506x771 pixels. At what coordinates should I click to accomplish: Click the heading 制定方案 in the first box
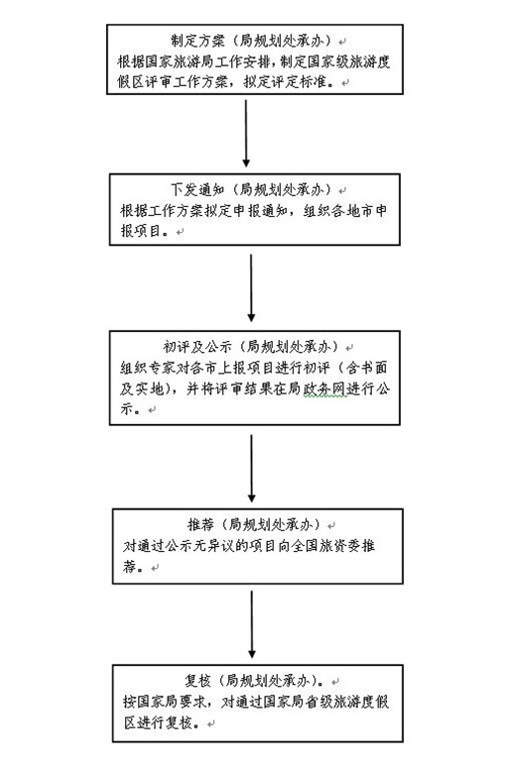[197, 41]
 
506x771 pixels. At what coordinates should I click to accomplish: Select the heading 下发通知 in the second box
[197, 190]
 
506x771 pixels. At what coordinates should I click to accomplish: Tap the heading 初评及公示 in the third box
[197, 347]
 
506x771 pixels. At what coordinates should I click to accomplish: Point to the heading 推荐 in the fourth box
[200, 524]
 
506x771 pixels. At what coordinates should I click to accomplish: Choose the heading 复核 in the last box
[197, 681]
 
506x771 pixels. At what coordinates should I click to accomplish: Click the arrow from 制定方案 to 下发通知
[246, 133]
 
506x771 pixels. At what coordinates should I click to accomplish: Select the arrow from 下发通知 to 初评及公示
[251, 288]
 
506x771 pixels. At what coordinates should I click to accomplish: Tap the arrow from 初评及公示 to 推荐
[252, 468]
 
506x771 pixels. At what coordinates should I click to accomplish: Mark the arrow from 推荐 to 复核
[252, 624]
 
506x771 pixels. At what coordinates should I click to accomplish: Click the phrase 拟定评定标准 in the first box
[286, 81]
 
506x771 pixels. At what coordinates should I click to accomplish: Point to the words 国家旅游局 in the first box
[186, 61]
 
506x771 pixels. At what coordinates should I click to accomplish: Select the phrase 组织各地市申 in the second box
[344, 211]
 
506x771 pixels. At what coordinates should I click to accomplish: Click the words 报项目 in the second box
[141, 231]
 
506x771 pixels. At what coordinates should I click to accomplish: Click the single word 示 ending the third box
[127, 409]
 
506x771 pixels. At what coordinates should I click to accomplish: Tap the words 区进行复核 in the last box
[158, 722]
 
